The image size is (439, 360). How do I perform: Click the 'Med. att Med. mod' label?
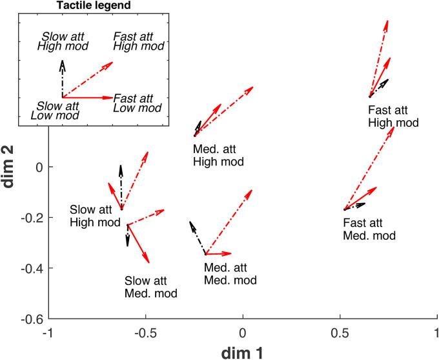tap(230, 273)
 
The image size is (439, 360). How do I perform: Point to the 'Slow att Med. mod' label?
tap(150, 287)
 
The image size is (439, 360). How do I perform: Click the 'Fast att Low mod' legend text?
tap(137, 103)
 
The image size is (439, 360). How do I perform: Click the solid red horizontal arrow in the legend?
tap(87, 98)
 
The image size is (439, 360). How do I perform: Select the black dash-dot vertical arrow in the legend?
tap(63, 78)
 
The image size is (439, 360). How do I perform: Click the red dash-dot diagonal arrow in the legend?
tap(88, 79)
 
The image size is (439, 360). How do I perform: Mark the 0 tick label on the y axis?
tap(39, 167)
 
